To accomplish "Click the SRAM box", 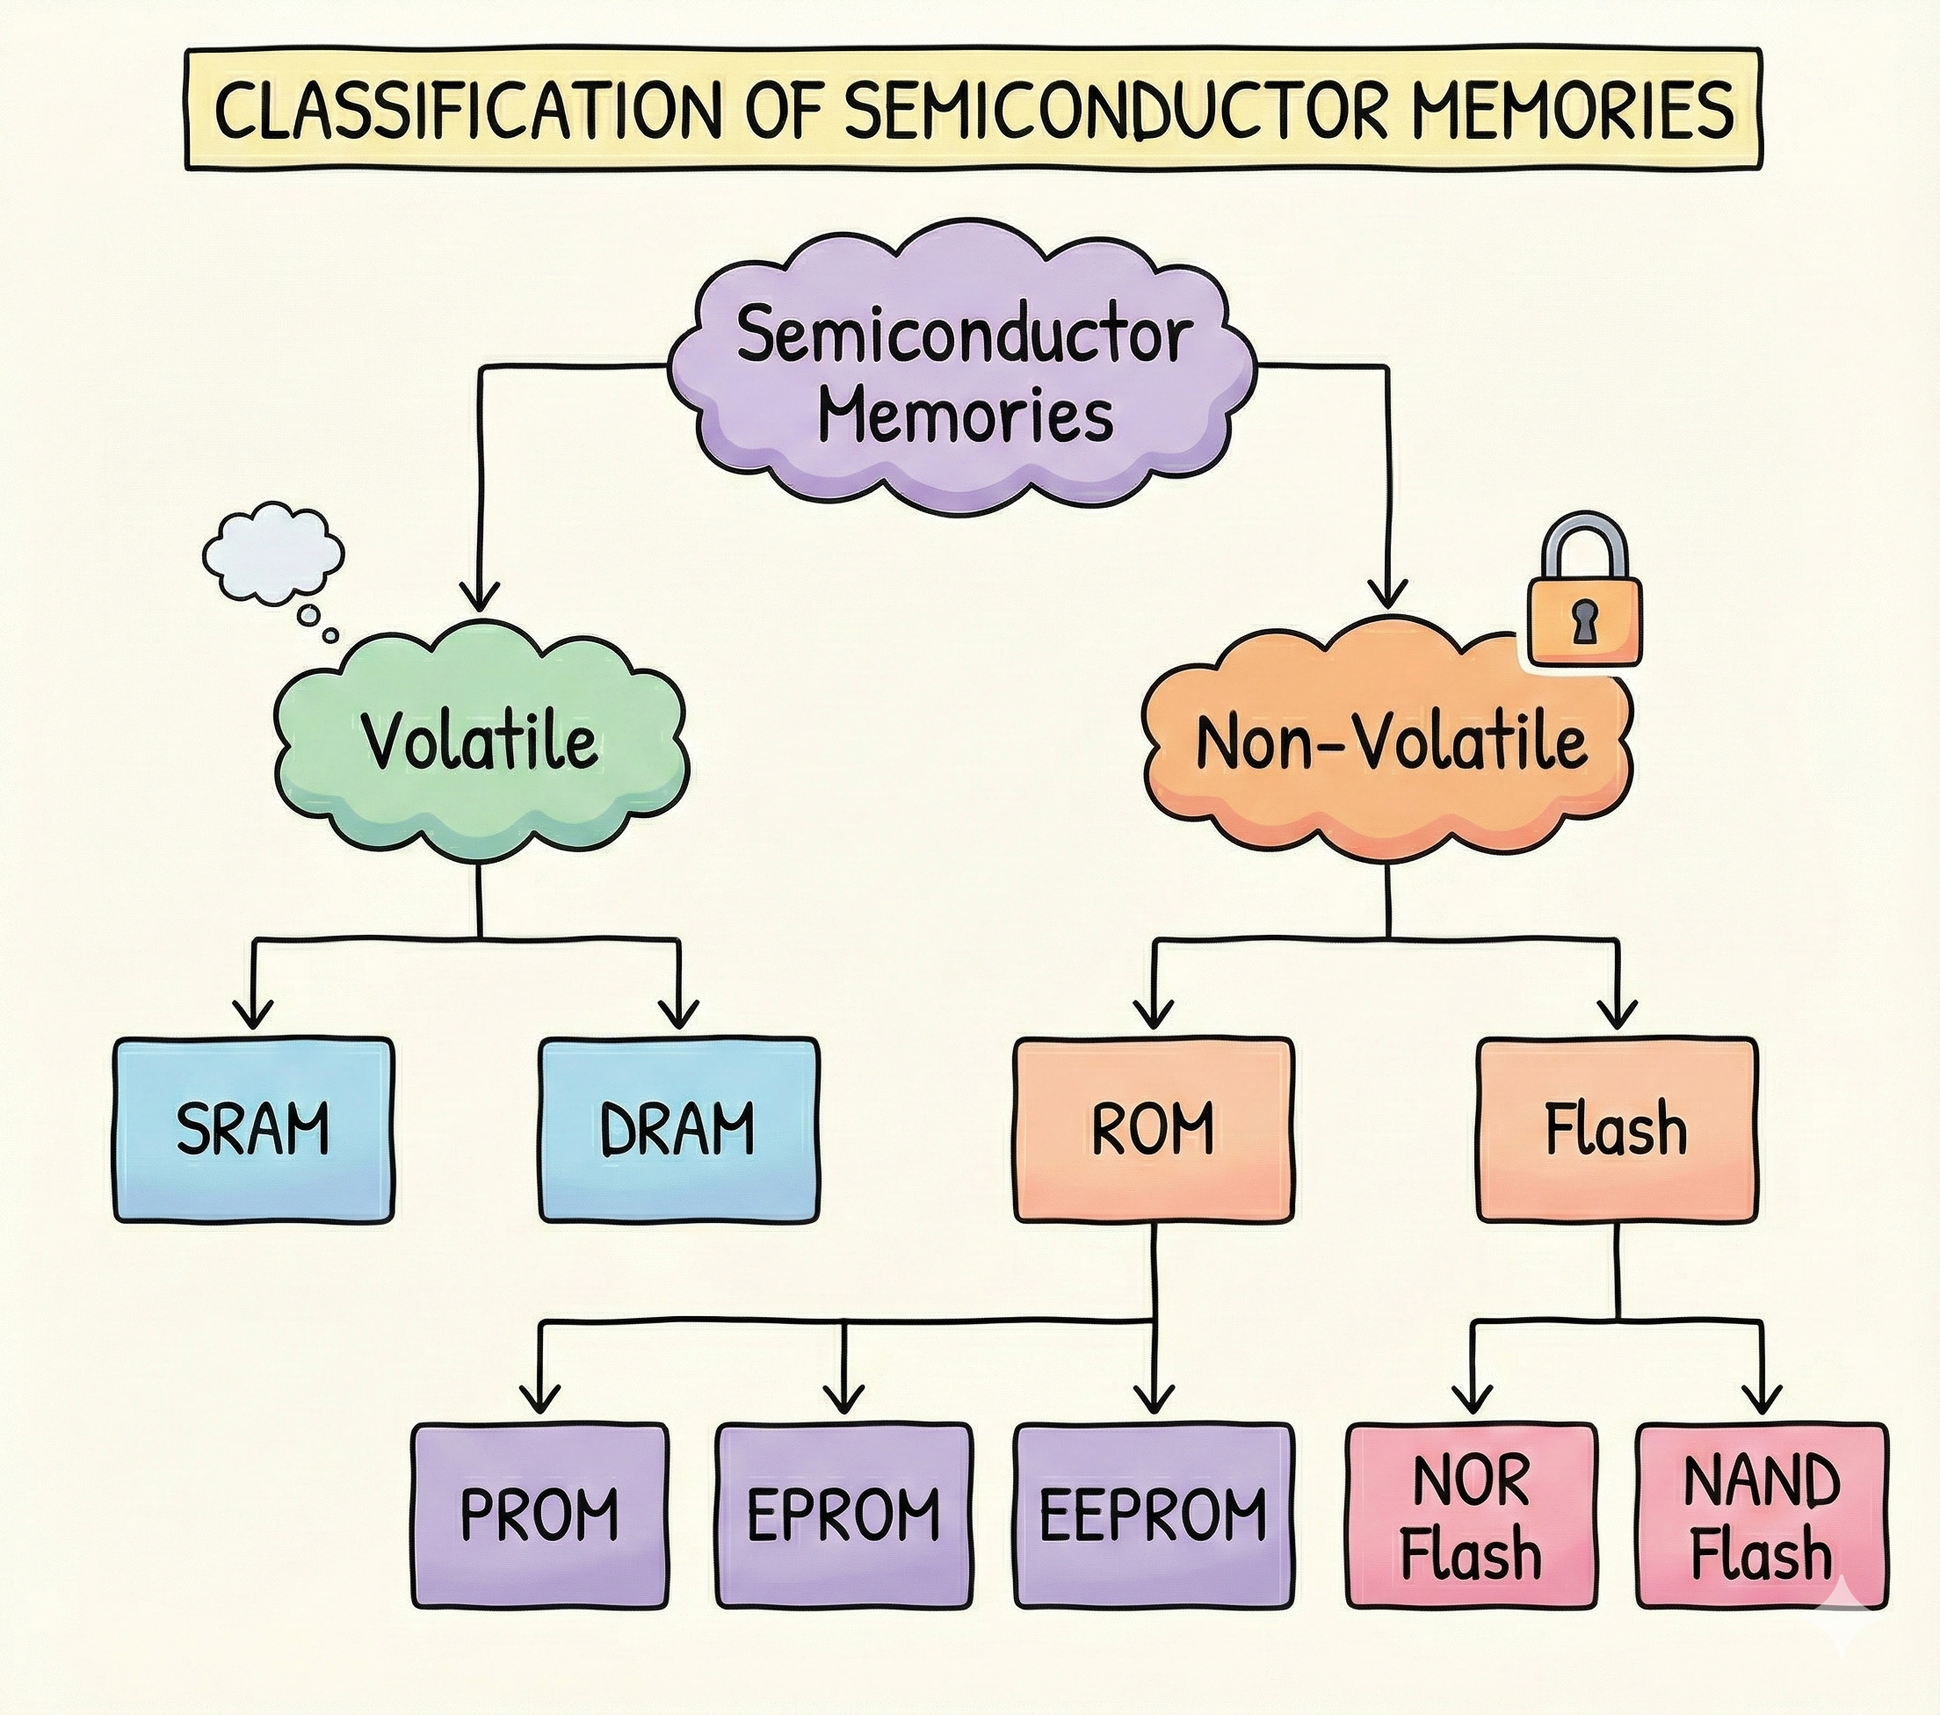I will (x=252, y=1129).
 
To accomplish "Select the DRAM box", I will (x=677, y=1129).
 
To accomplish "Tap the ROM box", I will (x=1152, y=1129).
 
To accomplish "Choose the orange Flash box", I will (x=1617, y=1129).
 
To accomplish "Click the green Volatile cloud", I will (x=480, y=741).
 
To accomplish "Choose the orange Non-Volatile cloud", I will (x=1391, y=741).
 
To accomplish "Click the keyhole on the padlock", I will (x=1582, y=624).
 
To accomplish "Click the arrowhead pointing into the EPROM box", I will (x=843, y=1398).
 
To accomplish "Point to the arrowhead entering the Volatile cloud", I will (x=480, y=598).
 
